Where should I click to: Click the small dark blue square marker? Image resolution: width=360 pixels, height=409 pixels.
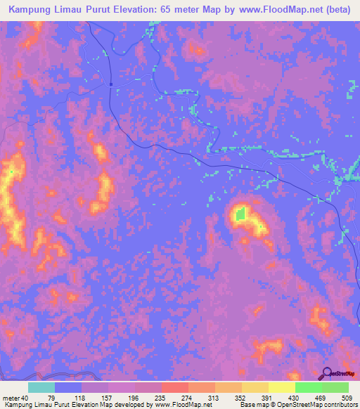coord(111,84)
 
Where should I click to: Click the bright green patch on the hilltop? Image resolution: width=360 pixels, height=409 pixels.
coord(240,214)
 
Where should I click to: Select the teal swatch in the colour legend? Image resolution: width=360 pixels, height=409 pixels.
coord(41,387)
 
